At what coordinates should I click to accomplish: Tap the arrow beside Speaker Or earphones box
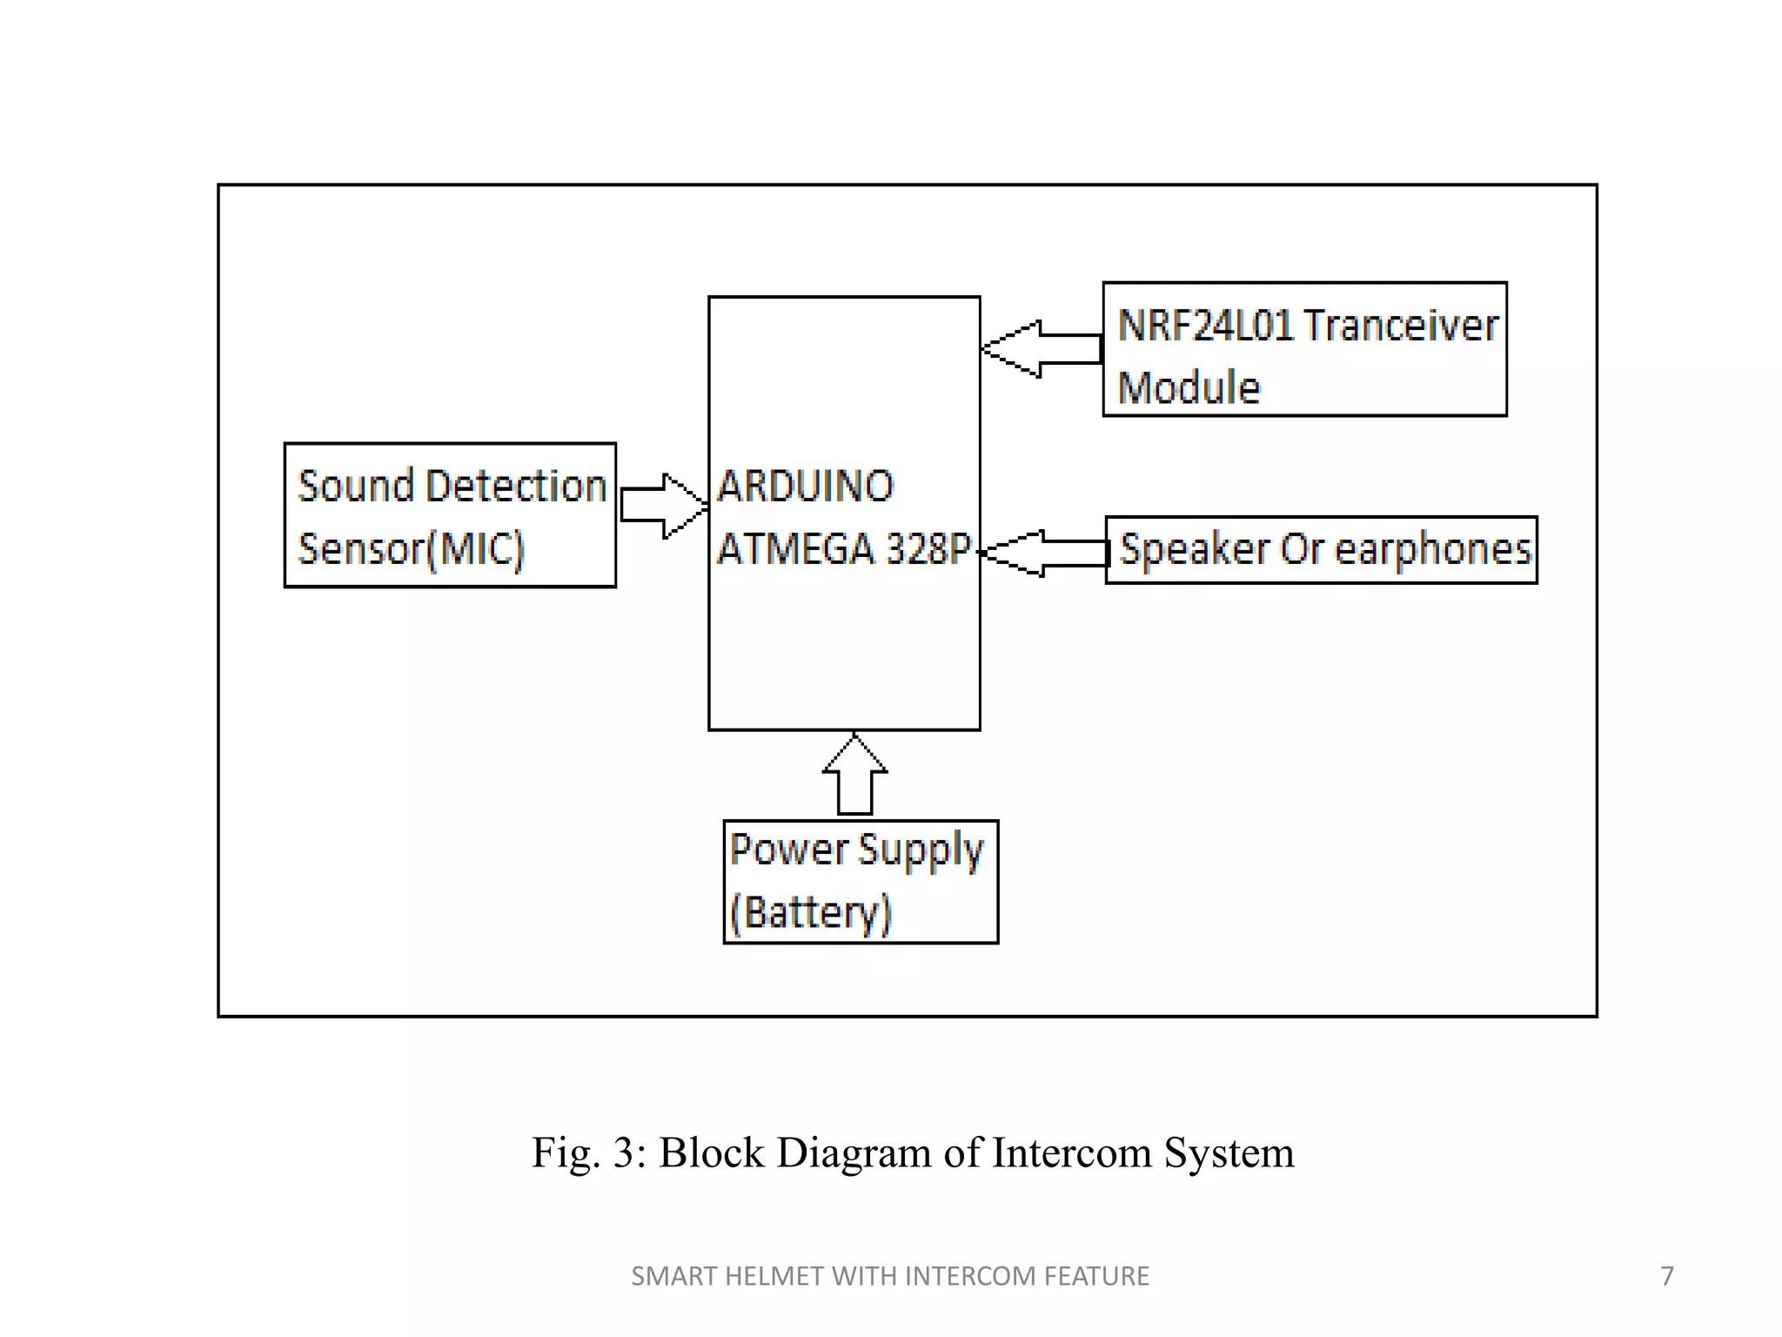pyautogui.click(x=1044, y=553)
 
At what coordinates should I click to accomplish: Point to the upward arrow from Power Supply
pyautogui.click(x=854, y=775)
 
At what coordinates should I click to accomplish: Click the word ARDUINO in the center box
pyautogui.click(x=805, y=486)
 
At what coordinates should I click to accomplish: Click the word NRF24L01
pyautogui.click(x=1205, y=326)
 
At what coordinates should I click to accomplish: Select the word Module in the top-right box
pyautogui.click(x=1189, y=387)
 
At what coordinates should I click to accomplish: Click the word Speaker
pyautogui.click(x=1195, y=550)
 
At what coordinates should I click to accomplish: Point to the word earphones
pyautogui.click(x=1432, y=550)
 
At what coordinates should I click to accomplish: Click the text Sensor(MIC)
pyautogui.click(x=411, y=549)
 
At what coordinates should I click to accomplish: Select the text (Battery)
pyautogui.click(x=811, y=913)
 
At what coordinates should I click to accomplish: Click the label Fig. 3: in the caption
pyautogui.click(x=589, y=1152)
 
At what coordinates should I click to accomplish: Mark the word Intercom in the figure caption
pyautogui.click(x=1072, y=1152)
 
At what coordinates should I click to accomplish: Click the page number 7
pyautogui.click(x=1666, y=1276)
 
